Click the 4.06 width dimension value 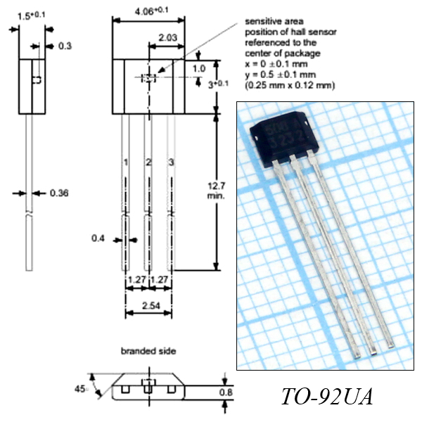click(x=151, y=11)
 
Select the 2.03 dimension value click(x=167, y=37)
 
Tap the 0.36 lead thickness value click(x=59, y=193)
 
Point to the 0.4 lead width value click(x=98, y=238)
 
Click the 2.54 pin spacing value click(x=151, y=306)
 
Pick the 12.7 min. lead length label click(x=216, y=191)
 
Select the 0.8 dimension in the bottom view click(x=226, y=392)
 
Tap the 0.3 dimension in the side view click(x=65, y=46)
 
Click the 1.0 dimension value click(x=199, y=69)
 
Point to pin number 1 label click(x=126, y=162)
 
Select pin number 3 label click(x=171, y=162)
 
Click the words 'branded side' click(x=148, y=351)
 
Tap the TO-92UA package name click(x=327, y=397)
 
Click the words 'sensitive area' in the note click(x=274, y=21)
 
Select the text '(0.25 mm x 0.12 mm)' click(x=290, y=85)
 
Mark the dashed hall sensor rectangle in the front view click(x=148, y=78)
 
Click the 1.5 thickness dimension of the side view click(x=31, y=16)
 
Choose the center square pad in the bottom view click(x=148, y=389)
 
